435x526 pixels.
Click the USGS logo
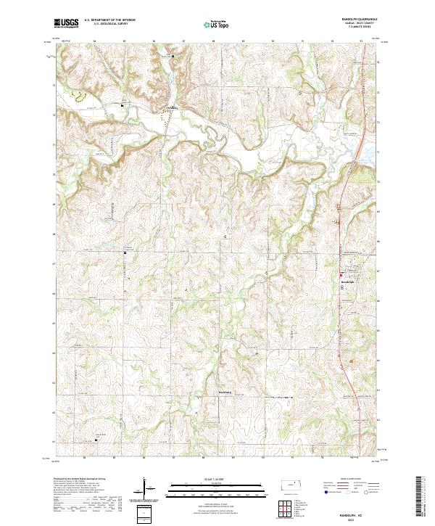(x=66, y=23)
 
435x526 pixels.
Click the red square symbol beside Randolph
(x=343, y=274)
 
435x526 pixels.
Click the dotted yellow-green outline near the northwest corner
(x=78, y=94)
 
